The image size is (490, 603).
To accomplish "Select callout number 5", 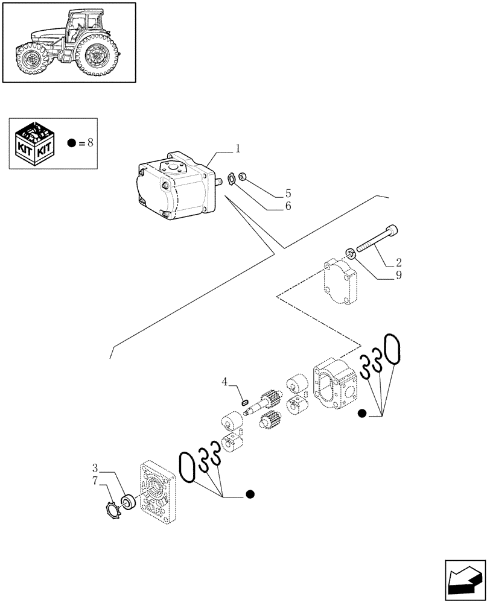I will (288, 194).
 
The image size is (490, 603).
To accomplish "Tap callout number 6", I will (288, 206).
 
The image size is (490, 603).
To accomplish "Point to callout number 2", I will (399, 262).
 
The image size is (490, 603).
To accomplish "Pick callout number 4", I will (224, 381).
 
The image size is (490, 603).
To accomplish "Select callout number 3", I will (95, 468).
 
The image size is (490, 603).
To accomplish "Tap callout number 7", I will (95, 480).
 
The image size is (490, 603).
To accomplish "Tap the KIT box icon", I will (35, 144).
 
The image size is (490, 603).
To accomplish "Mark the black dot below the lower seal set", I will (250, 495).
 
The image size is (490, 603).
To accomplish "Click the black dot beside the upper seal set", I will (361, 413).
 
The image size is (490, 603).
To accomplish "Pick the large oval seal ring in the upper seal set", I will (392, 350).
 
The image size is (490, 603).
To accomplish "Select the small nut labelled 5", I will (241, 176).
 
